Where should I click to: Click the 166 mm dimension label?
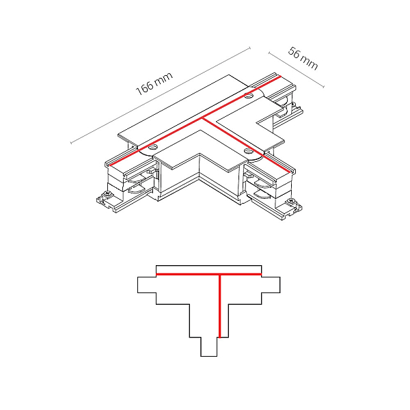[154, 83]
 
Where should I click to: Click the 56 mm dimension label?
[303, 58]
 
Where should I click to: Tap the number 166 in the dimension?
[145, 88]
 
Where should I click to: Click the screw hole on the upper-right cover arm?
[249, 96]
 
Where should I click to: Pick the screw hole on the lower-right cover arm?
[247, 151]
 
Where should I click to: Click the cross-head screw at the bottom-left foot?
[107, 194]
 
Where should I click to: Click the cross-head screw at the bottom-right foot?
[290, 201]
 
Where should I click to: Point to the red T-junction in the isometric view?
[203, 119]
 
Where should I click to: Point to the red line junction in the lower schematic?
[220, 274]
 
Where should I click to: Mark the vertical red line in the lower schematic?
[220, 306]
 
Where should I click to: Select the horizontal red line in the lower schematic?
[208, 274]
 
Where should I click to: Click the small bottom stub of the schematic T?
[209, 346]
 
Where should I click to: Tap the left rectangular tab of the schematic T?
[147, 285]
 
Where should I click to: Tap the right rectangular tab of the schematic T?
[271, 285]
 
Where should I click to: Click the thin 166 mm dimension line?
[161, 96]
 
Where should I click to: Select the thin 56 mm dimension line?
[297, 70]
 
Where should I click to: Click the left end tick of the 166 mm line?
[71, 143]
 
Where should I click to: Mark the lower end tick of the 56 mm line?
[324, 87]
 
